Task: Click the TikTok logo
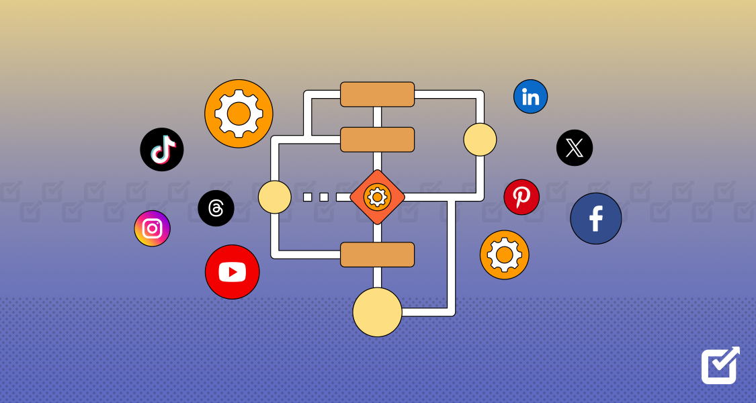click(162, 149)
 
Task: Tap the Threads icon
click(216, 208)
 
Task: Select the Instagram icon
click(153, 228)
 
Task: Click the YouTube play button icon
click(232, 272)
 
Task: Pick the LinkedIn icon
click(530, 97)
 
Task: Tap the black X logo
click(575, 148)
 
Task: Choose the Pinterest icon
click(521, 197)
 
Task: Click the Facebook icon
click(595, 218)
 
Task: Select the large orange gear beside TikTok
click(239, 114)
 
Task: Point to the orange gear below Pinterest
click(504, 255)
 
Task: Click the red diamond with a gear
click(377, 197)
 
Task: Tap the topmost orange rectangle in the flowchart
click(377, 94)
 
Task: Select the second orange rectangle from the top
click(377, 139)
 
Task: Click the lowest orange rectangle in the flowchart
click(377, 255)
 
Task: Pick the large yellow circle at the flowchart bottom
click(377, 312)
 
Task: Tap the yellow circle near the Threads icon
click(274, 197)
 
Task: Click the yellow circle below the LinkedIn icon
click(480, 140)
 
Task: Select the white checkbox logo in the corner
click(720, 365)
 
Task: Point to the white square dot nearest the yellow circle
click(307, 197)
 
